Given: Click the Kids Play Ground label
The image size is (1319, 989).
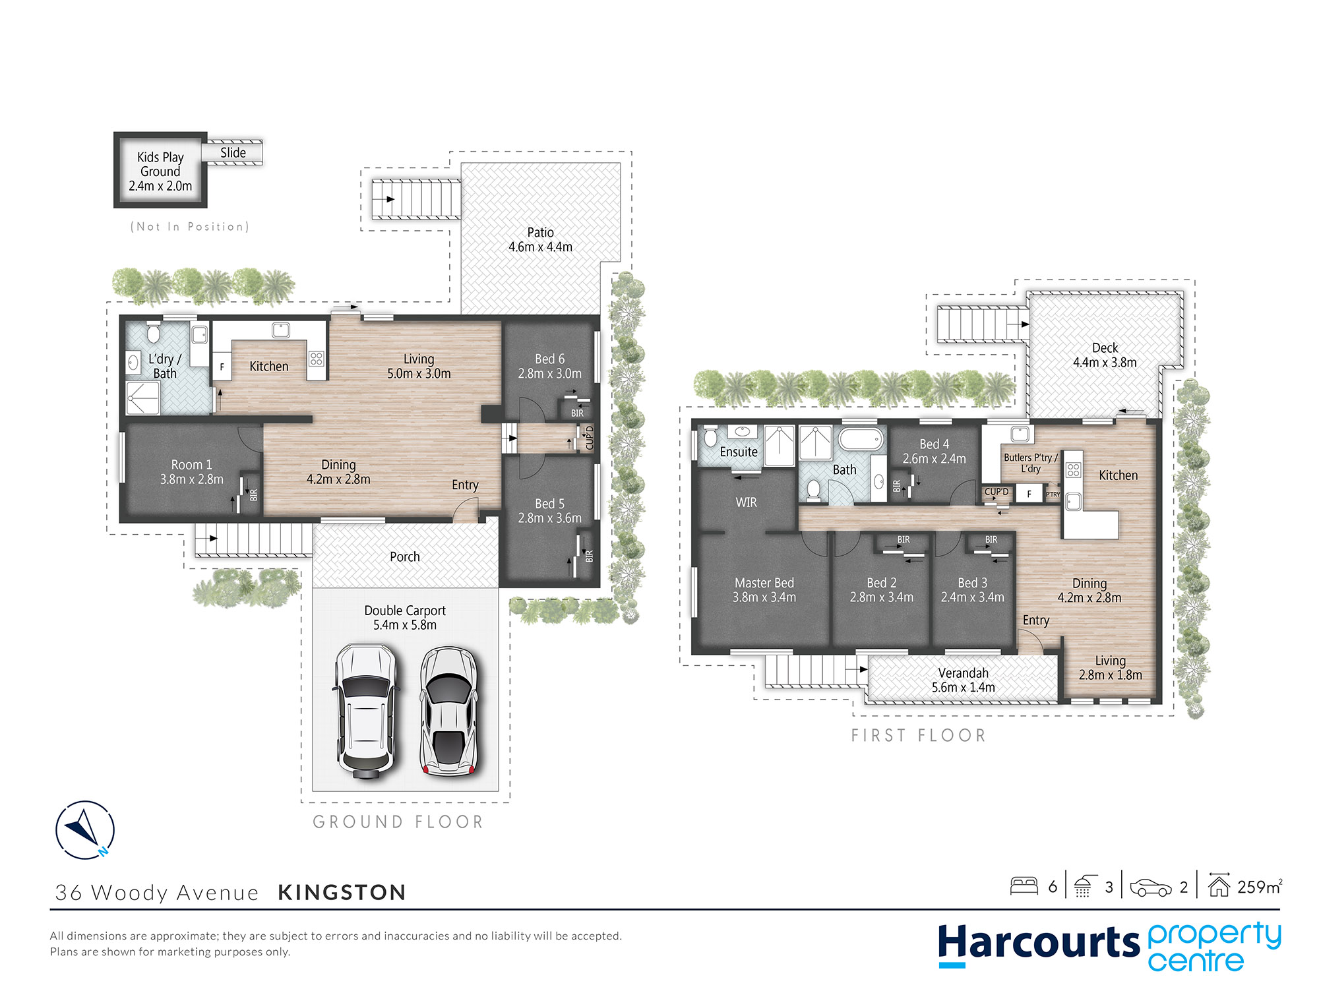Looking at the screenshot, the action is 160,171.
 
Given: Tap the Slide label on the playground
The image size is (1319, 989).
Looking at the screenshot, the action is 233,153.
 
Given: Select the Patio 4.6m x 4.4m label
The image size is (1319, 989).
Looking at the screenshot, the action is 540,239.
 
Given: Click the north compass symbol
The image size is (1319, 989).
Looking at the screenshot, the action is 85,829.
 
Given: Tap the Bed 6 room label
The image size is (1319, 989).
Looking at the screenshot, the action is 549,366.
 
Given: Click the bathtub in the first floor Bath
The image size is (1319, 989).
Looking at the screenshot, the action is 861,439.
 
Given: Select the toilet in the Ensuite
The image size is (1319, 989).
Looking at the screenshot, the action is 710,437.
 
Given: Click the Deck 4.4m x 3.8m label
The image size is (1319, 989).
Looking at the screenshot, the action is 1105,355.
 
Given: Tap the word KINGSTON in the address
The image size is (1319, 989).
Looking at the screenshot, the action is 342,892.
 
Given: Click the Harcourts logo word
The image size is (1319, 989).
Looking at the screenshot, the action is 1039,943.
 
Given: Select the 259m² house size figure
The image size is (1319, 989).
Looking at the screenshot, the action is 1260,887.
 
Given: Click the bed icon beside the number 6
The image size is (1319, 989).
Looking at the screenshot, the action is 1024,885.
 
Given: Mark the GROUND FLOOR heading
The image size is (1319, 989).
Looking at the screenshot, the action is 398,822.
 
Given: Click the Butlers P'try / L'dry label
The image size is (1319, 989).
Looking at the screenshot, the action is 1030,463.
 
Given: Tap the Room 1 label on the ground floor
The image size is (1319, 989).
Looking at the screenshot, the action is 191,472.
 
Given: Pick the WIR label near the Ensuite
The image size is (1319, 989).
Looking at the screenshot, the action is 746,502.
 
